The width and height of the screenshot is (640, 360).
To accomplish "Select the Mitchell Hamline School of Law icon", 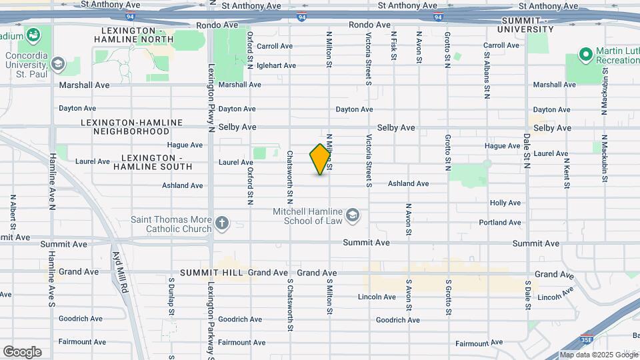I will tap(353, 215).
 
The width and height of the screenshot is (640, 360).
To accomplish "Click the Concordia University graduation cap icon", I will tap(57, 64).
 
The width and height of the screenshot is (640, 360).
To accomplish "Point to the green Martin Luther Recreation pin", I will tap(585, 53).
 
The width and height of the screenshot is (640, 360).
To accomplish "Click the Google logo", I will tap(22, 352).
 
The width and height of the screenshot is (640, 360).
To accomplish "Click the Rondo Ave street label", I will tap(369, 25).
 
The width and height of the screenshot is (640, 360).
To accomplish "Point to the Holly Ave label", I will tap(505, 203).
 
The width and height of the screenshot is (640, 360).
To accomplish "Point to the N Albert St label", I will tap(12, 213).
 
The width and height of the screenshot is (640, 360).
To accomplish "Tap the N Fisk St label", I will tap(394, 46).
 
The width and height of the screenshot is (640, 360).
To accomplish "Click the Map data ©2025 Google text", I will tap(597, 355).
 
